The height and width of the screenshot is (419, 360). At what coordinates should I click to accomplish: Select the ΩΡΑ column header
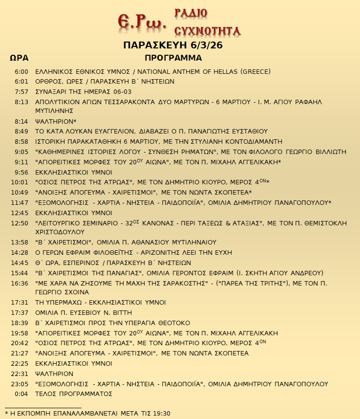point(19,58)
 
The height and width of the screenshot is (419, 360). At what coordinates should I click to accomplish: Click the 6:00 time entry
point(22,71)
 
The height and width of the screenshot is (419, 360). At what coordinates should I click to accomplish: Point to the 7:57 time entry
point(22,91)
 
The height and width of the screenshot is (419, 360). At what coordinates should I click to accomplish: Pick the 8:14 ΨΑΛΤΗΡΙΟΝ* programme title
point(56,121)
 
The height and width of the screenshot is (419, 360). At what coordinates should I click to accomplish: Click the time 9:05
point(22,152)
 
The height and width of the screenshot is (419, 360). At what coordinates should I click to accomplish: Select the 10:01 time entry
point(21,182)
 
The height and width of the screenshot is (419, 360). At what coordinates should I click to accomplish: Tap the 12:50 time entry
point(21,223)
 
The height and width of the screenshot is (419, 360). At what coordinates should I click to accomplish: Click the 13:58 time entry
point(21,242)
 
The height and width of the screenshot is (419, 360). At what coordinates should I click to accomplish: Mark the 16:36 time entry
point(21,283)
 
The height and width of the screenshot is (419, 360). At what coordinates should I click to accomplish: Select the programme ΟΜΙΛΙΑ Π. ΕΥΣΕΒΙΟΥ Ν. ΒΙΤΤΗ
point(84,312)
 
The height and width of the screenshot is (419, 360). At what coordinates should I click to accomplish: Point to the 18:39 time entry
point(21,323)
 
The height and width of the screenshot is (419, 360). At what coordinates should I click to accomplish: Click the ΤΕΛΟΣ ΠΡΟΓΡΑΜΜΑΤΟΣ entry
point(74,394)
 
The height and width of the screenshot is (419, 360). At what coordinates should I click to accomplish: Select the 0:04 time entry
point(22,394)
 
